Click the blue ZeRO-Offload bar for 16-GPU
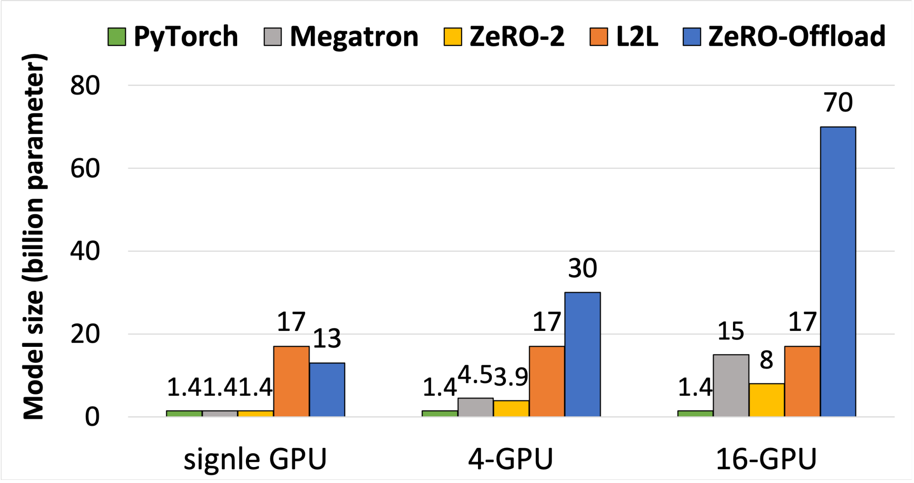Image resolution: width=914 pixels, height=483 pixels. coord(838,271)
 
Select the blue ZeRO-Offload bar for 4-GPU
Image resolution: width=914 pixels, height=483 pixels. coord(582,354)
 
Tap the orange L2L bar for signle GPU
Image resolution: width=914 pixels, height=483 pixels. coord(291,381)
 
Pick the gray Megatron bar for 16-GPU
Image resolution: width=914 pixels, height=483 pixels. coord(731,385)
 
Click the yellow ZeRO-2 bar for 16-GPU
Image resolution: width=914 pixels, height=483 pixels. coord(766,400)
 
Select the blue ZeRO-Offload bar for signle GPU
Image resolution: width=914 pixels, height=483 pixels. coord(327,389)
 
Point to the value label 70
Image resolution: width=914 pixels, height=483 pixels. coord(838,102)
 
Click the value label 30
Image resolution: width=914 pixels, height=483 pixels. coord(582,268)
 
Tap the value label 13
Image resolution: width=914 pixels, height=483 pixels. coord(327,339)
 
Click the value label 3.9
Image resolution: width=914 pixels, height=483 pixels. coord(511,377)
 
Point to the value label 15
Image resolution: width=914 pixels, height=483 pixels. coord(731,331)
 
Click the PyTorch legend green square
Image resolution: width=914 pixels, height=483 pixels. coord(117,37)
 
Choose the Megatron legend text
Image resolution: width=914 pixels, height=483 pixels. coord(354,37)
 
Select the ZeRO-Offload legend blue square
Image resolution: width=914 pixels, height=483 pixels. coord(691,37)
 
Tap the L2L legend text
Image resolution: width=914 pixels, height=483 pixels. coord(637,37)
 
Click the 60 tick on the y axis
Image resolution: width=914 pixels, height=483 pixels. coord(85,169)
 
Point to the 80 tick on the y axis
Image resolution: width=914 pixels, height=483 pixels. coord(85,85)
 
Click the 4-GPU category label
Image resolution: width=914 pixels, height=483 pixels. coord(510,459)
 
